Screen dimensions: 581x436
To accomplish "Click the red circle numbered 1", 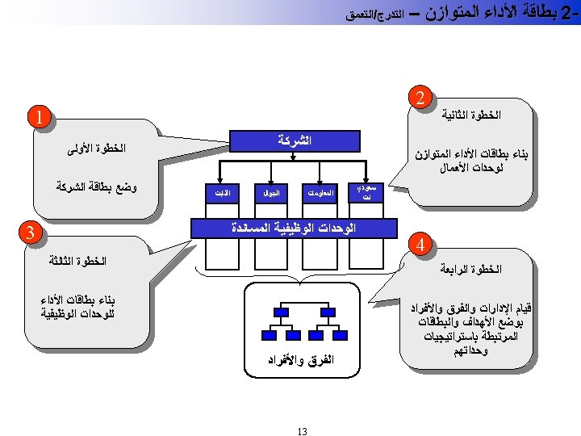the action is coord(38,117).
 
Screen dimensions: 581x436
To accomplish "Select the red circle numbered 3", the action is coord(29,234).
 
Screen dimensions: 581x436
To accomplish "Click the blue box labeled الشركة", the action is coord(295,140).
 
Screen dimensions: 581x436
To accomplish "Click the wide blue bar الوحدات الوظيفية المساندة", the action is coord(294,228).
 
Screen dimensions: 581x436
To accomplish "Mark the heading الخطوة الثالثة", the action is coord(77,261).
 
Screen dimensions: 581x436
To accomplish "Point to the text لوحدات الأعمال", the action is coord(472,170).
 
